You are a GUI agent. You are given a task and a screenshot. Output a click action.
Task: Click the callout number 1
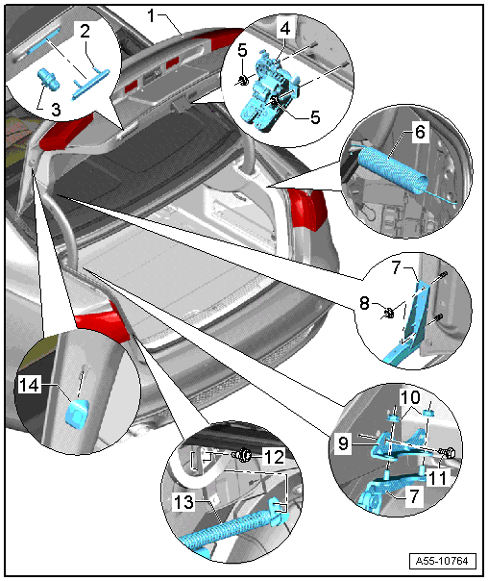click(151, 16)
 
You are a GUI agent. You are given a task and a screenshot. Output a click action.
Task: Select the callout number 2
click(85, 31)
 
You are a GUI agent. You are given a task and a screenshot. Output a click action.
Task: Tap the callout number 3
click(56, 110)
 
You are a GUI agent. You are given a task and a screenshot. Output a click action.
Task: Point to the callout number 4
click(285, 28)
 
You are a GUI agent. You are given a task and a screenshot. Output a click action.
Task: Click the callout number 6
click(421, 132)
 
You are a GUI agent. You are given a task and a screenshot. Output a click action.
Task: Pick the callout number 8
click(364, 303)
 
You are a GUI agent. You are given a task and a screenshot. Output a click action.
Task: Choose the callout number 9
click(343, 442)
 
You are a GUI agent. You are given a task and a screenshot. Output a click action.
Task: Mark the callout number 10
click(410, 397)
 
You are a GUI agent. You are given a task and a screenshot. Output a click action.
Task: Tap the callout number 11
click(437, 478)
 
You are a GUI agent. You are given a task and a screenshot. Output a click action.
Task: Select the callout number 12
click(274, 457)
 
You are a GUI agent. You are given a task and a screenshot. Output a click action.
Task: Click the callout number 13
click(183, 502)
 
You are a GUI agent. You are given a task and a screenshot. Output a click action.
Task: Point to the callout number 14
click(29, 385)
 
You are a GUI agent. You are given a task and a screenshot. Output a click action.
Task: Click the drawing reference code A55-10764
click(442, 561)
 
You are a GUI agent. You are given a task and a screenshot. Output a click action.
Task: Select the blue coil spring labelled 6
click(391, 169)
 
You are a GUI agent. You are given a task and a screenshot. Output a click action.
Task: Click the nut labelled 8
click(388, 314)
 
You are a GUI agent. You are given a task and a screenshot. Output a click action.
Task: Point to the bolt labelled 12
click(242, 454)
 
